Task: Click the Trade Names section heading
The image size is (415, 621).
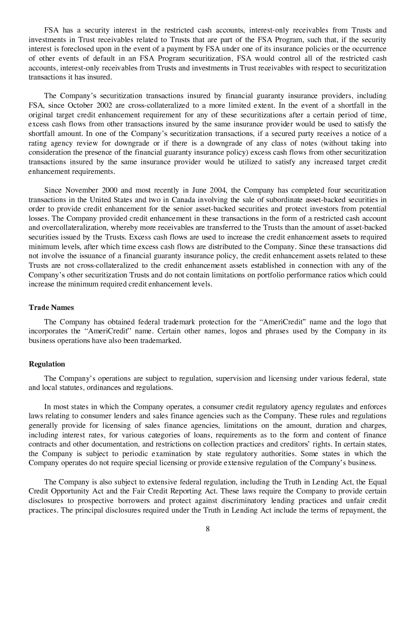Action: (x=51, y=308)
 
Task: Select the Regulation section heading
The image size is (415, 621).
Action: (x=47, y=364)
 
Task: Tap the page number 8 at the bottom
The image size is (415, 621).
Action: (x=207, y=529)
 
